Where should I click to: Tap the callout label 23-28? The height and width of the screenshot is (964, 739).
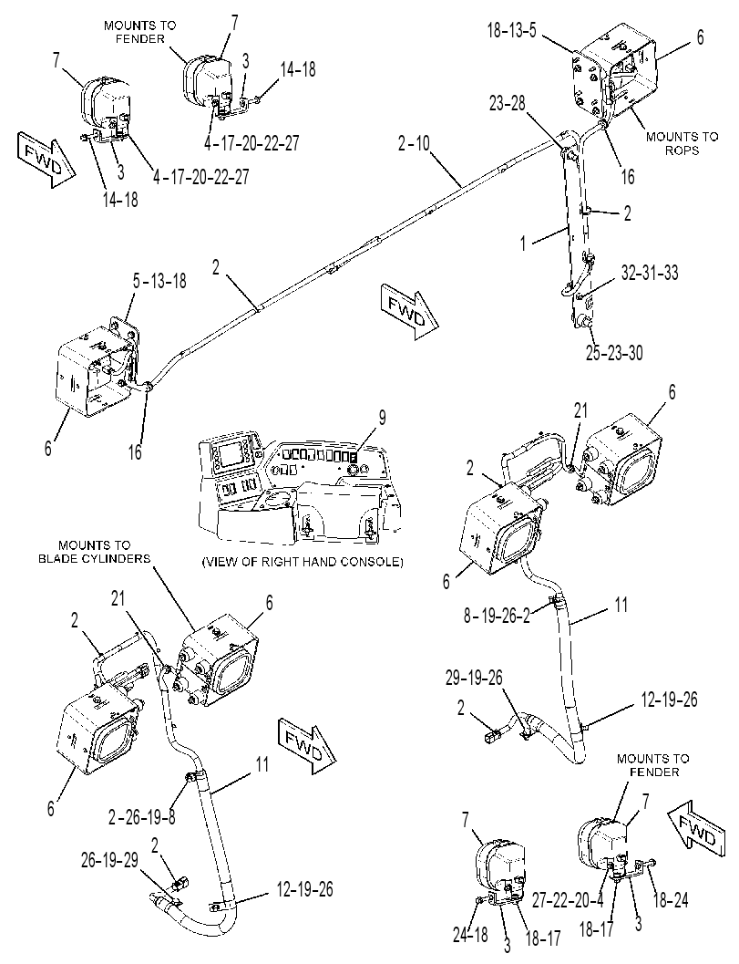pyautogui.click(x=508, y=103)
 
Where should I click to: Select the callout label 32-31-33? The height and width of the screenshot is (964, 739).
pyautogui.click(x=650, y=273)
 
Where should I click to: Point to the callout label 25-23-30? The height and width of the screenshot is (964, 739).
pyautogui.click(x=614, y=354)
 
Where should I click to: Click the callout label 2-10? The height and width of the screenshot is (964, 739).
pyautogui.click(x=414, y=144)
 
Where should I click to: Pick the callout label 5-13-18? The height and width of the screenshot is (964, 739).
pyautogui.click(x=159, y=281)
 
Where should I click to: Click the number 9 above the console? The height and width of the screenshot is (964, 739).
pyautogui.click(x=382, y=418)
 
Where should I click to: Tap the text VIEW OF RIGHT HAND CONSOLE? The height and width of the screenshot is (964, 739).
pyautogui.click(x=303, y=562)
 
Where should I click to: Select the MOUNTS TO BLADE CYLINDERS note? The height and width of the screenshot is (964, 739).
pyautogui.click(x=95, y=552)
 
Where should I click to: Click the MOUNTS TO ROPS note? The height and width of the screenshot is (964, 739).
pyautogui.click(x=682, y=142)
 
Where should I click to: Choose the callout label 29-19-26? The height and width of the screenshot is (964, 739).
pyautogui.click(x=474, y=678)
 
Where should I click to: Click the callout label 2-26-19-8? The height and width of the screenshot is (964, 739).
pyautogui.click(x=142, y=818)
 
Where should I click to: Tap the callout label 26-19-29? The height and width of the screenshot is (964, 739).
pyautogui.click(x=110, y=859)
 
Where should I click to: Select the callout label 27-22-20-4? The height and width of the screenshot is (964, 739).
pyautogui.click(x=569, y=901)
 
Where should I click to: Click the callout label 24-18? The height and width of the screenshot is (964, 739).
pyautogui.click(x=469, y=935)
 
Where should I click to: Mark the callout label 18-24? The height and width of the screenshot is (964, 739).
pyautogui.click(x=670, y=901)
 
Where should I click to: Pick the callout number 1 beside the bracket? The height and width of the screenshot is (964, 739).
pyautogui.click(x=524, y=244)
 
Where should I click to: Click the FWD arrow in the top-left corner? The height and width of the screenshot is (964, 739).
pyautogui.click(x=46, y=161)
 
